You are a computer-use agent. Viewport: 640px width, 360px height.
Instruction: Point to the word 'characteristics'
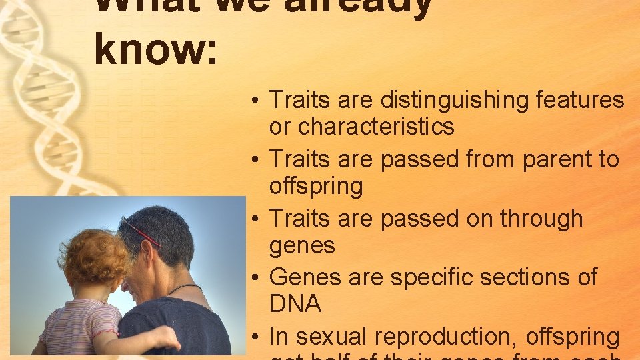[376, 126]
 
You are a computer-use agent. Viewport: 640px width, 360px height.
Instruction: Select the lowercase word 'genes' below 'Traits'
[302, 245]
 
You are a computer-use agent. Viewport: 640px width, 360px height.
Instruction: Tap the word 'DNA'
[295, 304]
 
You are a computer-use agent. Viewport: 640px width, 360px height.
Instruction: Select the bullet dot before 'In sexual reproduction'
[257, 337]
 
